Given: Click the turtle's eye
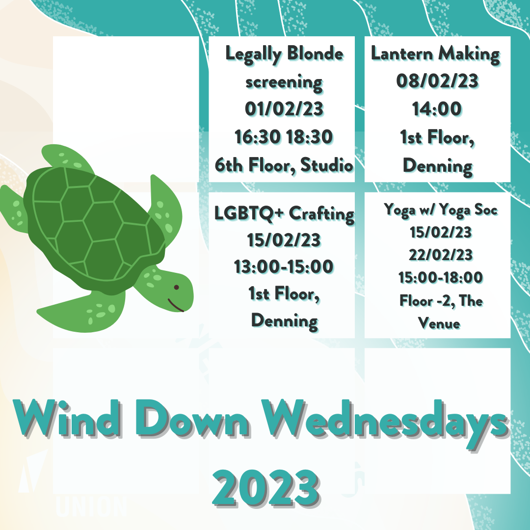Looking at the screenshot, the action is pyautogui.click(x=176, y=287).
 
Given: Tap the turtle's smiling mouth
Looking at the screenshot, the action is pyautogui.click(x=175, y=305).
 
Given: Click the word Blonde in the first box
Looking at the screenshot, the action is pyautogui.click(x=315, y=53).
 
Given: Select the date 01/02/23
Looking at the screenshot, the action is pyautogui.click(x=284, y=109).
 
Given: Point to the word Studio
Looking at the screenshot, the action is pyautogui.click(x=326, y=165).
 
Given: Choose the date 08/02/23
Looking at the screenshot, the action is pyautogui.click(x=437, y=81).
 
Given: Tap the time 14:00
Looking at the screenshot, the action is pyautogui.click(x=437, y=109).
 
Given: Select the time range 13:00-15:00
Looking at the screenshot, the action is pyautogui.click(x=284, y=266).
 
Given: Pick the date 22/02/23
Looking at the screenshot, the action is pyautogui.click(x=441, y=255).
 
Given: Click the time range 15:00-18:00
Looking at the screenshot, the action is pyautogui.click(x=441, y=277).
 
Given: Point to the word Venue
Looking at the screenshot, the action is pyautogui.click(x=439, y=323).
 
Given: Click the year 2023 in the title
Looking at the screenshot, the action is pyautogui.click(x=265, y=487).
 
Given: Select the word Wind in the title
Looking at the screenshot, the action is pyautogui.click(x=67, y=418).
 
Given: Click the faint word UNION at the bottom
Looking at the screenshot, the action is pyautogui.click(x=91, y=506).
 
